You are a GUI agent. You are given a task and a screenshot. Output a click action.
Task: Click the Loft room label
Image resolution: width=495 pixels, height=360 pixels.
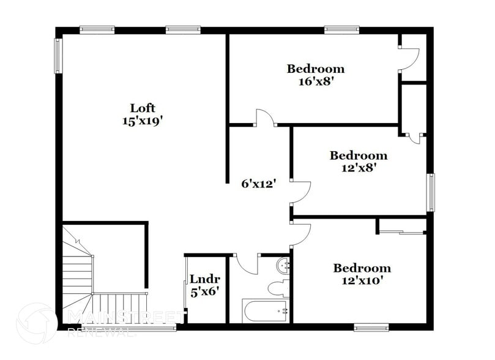coord(142,108)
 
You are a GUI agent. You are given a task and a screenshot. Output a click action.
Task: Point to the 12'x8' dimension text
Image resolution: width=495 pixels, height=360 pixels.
coord(358,167)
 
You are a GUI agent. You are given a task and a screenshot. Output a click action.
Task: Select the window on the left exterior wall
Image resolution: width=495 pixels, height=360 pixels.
coord(59,56)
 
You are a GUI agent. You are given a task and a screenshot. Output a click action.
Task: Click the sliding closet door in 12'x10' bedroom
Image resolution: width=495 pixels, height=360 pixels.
coord(401,232)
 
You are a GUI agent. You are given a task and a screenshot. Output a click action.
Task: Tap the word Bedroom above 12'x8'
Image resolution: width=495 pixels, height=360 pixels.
coord(358,156)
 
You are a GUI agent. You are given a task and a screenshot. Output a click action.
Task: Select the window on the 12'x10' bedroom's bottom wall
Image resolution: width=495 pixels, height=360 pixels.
coord(371,328)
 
